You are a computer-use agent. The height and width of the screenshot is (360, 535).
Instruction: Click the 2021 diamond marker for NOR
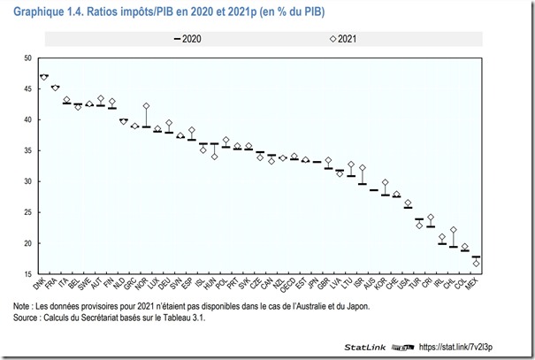click(x=147, y=106)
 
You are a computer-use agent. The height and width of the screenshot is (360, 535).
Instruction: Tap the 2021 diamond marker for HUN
click(x=214, y=157)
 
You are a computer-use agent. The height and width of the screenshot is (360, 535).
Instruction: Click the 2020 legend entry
click(x=190, y=38)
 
